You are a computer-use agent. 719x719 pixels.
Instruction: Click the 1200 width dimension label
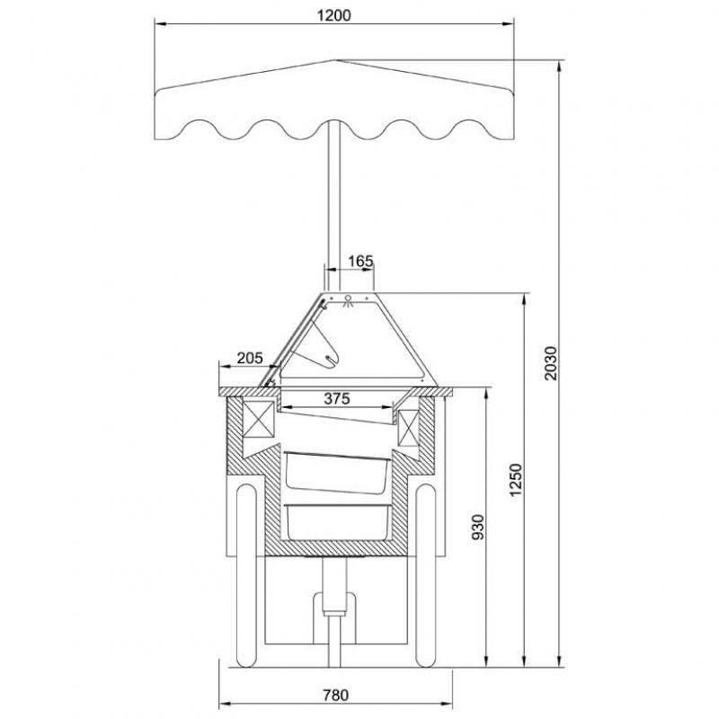pyautogui.click(x=333, y=15)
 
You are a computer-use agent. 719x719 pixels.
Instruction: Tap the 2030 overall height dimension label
pyautogui.click(x=552, y=363)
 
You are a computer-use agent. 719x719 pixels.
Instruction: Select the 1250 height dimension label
pyautogui.click(x=516, y=480)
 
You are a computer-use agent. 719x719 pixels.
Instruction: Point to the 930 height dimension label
pyautogui.click(x=478, y=528)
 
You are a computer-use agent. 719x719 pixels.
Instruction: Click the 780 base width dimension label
pyautogui.click(x=335, y=695)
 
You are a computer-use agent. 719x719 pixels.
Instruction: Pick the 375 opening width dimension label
pyautogui.click(x=337, y=399)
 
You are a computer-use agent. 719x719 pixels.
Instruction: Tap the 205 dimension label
pyautogui.click(x=251, y=358)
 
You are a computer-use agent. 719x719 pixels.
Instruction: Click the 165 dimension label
pyautogui.click(x=361, y=262)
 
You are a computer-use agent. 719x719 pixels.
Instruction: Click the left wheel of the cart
pyautogui.click(x=245, y=576)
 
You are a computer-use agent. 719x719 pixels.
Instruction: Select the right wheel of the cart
pyautogui.click(x=425, y=576)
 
